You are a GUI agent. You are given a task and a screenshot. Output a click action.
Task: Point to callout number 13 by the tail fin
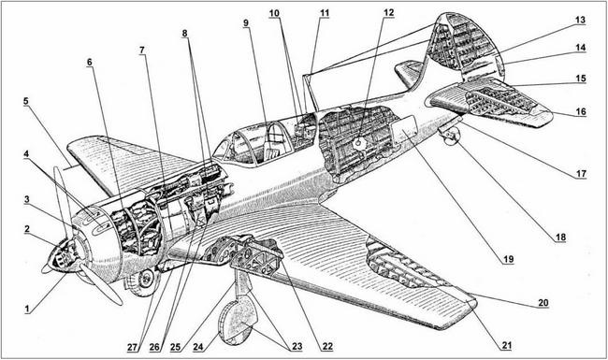pyautogui.click(x=580, y=19)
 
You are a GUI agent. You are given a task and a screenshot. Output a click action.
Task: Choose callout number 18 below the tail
pyautogui.click(x=559, y=238)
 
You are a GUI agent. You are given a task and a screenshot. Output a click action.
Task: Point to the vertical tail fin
pyautogui.click(x=458, y=47)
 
